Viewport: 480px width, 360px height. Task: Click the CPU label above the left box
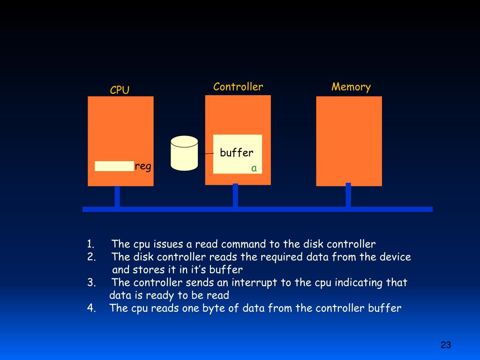(120, 90)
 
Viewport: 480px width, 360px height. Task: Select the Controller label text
(238, 87)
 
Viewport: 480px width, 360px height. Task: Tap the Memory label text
(351, 87)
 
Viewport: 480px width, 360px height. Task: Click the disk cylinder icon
(184, 153)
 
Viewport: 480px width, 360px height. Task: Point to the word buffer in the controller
(237, 152)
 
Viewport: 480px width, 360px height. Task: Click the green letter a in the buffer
(254, 168)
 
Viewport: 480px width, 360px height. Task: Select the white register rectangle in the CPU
(114, 166)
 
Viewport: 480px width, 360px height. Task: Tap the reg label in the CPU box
(143, 166)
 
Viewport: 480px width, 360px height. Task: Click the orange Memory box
(349, 141)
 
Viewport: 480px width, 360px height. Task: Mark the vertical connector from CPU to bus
(117, 196)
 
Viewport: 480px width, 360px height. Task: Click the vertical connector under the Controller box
(235, 195)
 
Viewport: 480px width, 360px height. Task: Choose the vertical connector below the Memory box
(348, 195)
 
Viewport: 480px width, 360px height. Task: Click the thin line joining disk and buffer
(206, 153)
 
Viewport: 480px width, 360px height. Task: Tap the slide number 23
(445, 345)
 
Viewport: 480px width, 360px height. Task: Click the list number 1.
(90, 244)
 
